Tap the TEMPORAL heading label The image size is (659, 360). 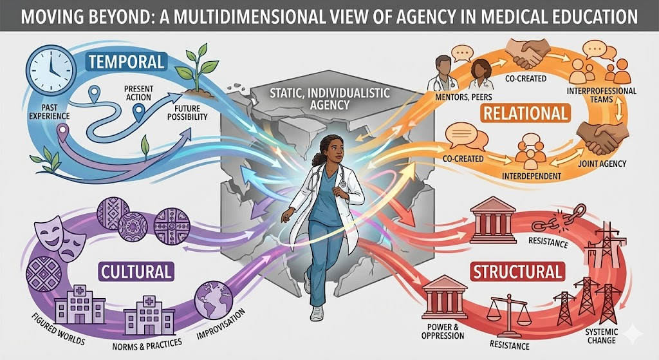127,62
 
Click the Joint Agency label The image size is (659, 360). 603,164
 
